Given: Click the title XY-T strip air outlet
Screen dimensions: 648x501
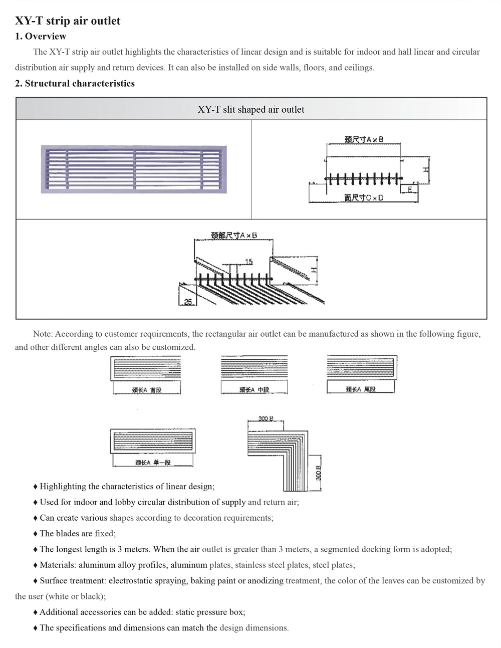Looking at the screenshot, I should click(x=68, y=21).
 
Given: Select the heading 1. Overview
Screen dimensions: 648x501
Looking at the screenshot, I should click(x=41, y=36).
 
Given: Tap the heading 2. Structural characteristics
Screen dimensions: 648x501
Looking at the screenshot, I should click(x=75, y=83).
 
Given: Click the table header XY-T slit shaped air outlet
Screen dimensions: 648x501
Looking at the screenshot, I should click(x=251, y=109).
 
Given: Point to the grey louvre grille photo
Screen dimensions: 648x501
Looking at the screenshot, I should click(x=134, y=169).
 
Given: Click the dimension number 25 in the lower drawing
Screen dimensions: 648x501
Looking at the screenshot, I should click(x=188, y=302).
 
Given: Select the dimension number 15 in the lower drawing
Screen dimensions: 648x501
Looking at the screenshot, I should click(x=249, y=262).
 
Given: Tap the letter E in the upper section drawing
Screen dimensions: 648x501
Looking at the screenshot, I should click(x=410, y=189).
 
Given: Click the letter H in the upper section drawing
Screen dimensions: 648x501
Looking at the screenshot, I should click(x=425, y=170).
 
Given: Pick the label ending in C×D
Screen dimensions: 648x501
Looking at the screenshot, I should click(x=364, y=198).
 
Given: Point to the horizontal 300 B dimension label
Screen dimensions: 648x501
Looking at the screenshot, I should click(x=266, y=418).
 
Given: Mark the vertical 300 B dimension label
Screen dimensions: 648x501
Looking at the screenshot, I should click(x=318, y=473).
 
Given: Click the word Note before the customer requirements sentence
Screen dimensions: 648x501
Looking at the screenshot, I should click(x=43, y=334).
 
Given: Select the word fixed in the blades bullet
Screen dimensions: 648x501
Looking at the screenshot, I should click(x=105, y=533).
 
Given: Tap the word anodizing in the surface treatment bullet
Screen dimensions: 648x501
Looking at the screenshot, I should click(x=266, y=580).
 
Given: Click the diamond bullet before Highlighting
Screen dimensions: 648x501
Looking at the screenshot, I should click(x=35, y=487).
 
